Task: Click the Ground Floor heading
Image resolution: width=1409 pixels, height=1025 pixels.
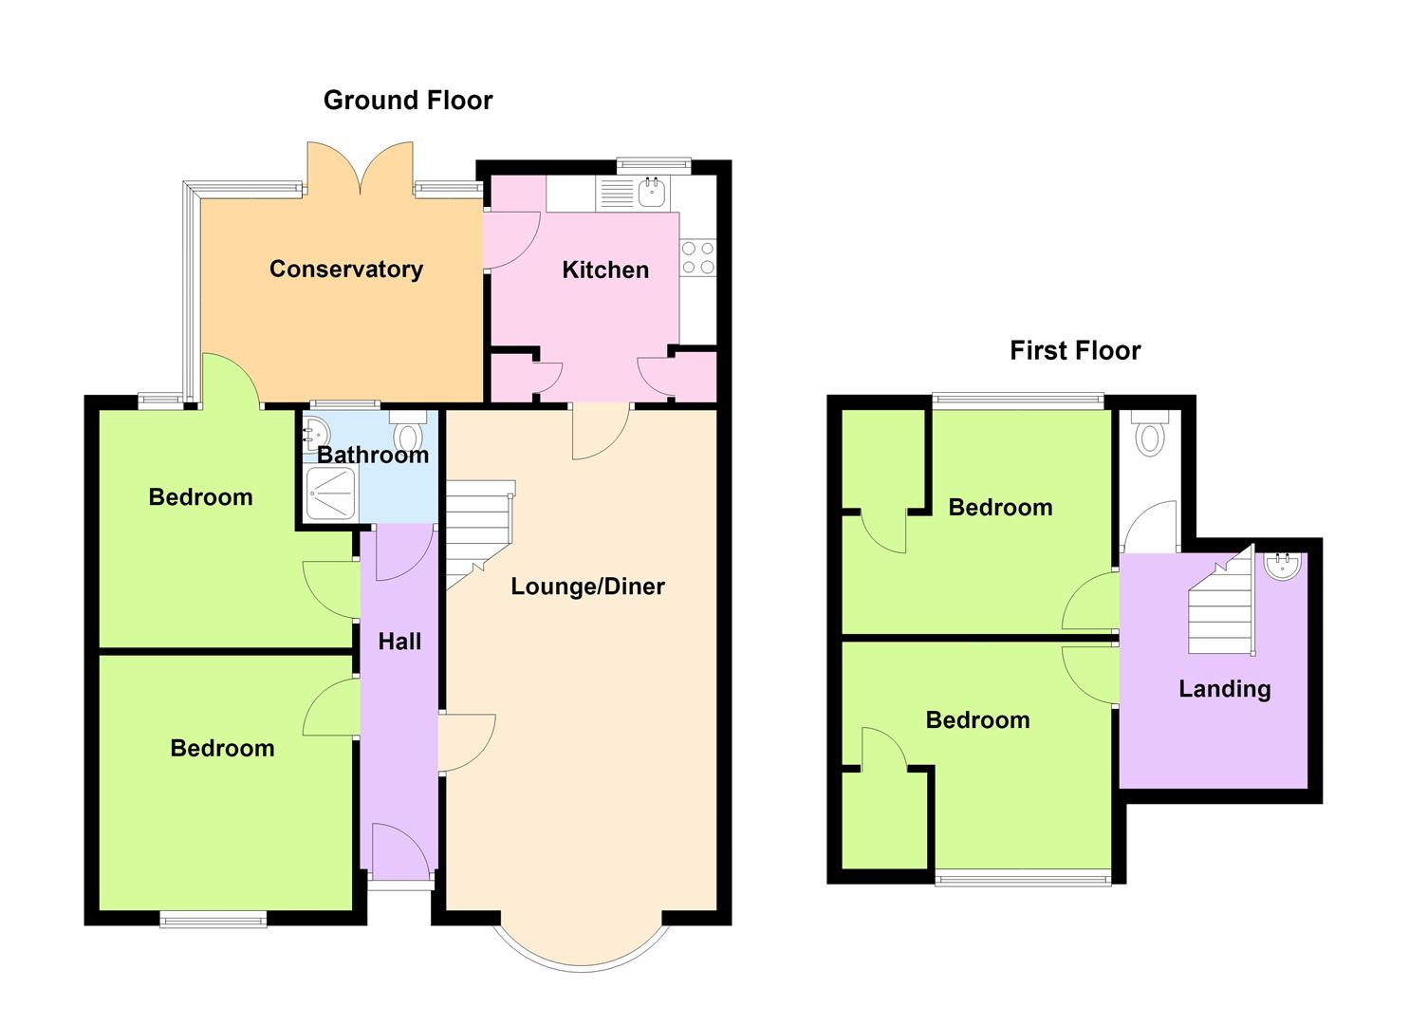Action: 408,101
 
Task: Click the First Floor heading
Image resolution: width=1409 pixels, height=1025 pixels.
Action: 1075,350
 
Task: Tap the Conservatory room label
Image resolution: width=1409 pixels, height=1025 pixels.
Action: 346,270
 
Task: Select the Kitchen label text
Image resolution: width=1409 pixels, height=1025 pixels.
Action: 605,270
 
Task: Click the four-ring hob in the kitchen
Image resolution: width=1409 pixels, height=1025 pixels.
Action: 698,257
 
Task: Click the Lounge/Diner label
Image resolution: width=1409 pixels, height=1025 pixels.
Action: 587,587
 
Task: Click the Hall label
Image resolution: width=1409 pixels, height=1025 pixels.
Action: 399,642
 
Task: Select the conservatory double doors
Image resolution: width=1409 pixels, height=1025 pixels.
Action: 360,169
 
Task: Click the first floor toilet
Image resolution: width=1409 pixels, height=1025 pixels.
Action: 1149,434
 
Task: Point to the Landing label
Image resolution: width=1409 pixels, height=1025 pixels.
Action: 1225,689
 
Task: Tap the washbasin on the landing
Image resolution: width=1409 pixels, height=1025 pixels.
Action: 1282,566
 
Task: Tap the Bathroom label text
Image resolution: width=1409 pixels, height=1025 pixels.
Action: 373,455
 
